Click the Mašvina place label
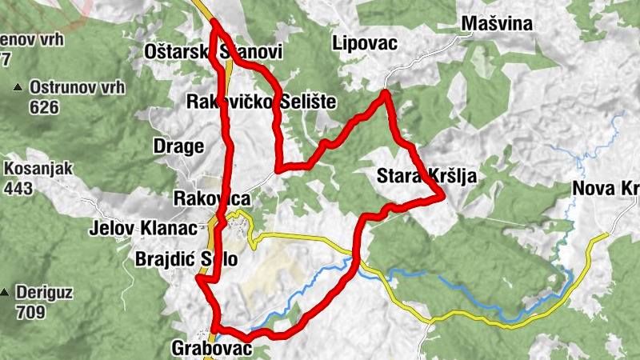click(497, 24)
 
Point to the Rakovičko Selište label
click(261, 102)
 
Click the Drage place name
click(178, 146)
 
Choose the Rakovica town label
click(212, 198)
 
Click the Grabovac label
click(211, 349)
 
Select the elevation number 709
click(30, 313)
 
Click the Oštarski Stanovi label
click(214, 52)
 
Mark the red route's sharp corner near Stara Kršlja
click(443, 195)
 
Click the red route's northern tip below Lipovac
click(386, 94)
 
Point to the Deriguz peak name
click(44, 293)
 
